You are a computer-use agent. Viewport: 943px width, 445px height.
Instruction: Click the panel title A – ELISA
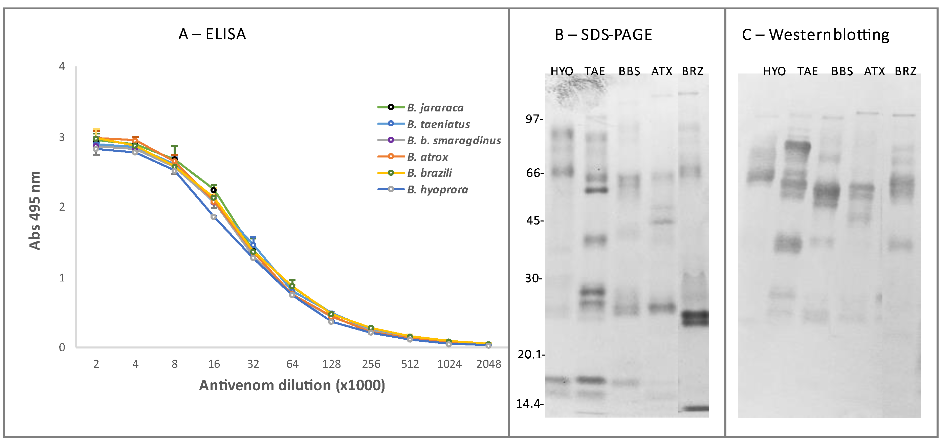(212, 34)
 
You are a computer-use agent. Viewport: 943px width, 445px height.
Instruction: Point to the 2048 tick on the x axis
(488, 364)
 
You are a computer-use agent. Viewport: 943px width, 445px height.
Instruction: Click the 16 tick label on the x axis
(214, 364)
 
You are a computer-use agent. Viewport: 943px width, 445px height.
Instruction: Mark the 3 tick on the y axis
(62, 137)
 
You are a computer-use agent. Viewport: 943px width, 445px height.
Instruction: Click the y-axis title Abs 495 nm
(35, 210)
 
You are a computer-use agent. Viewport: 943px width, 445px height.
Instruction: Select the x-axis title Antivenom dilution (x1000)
(292, 385)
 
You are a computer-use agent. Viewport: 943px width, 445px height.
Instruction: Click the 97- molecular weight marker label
(534, 119)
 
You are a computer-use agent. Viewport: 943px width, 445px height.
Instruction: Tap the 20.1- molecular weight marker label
(530, 354)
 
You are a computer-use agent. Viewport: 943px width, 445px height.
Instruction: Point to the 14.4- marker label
(529, 404)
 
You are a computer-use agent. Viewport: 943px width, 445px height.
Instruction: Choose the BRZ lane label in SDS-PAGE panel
(692, 71)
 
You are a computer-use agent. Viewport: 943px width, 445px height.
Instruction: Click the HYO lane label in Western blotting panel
(774, 71)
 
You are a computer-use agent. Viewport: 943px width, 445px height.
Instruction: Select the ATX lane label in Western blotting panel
(874, 71)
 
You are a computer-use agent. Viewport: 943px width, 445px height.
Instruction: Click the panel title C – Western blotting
(815, 35)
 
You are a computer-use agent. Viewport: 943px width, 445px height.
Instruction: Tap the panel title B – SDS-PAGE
(603, 35)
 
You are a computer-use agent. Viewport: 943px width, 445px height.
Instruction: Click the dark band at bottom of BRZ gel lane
(693, 408)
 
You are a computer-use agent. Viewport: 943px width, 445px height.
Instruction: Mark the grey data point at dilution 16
(214, 217)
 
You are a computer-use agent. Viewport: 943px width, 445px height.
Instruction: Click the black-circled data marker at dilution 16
(214, 190)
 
